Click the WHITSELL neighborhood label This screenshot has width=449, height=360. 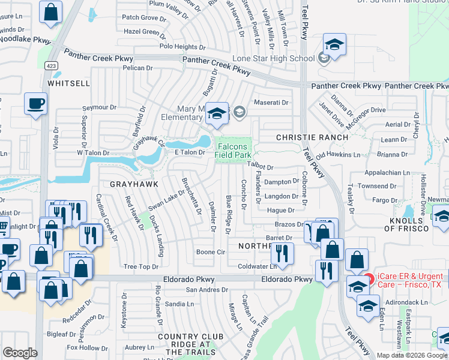coord(68,83)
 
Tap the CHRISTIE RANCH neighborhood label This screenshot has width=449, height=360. coord(312,137)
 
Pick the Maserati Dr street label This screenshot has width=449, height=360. coord(271,103)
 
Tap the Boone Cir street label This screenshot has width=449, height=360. coord(210,253)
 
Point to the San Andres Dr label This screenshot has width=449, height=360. coord(207,290)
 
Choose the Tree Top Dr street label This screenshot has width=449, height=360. coord(140,266)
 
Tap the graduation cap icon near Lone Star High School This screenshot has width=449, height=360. coord(334,44)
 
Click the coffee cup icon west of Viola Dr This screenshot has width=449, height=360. coord(35,103)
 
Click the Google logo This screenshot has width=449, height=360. coord(19,353)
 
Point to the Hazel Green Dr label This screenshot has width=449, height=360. coord(145,31)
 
